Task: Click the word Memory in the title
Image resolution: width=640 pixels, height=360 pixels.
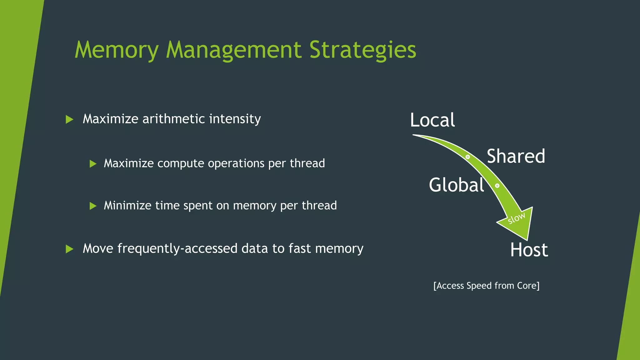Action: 117,50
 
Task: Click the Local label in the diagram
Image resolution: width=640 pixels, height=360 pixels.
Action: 432,120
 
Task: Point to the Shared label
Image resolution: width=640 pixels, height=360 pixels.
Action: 516,156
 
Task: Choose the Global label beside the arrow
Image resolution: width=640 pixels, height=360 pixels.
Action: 456,185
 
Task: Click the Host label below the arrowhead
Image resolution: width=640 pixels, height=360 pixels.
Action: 529,250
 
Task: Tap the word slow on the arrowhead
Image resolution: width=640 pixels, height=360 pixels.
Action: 516,218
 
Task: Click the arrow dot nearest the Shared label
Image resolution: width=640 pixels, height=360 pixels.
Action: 467,157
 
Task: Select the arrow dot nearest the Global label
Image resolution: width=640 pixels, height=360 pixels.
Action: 497,186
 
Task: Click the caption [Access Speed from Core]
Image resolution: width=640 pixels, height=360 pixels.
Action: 486,286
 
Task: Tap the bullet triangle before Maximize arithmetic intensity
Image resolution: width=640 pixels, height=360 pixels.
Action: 69,119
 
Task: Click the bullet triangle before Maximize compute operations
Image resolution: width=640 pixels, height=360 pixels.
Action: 93,164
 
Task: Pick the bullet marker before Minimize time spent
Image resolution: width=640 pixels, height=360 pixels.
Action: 93,206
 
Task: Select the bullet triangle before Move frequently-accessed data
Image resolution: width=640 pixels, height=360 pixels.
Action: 69,249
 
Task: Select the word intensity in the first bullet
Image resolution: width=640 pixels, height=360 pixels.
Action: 235,119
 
